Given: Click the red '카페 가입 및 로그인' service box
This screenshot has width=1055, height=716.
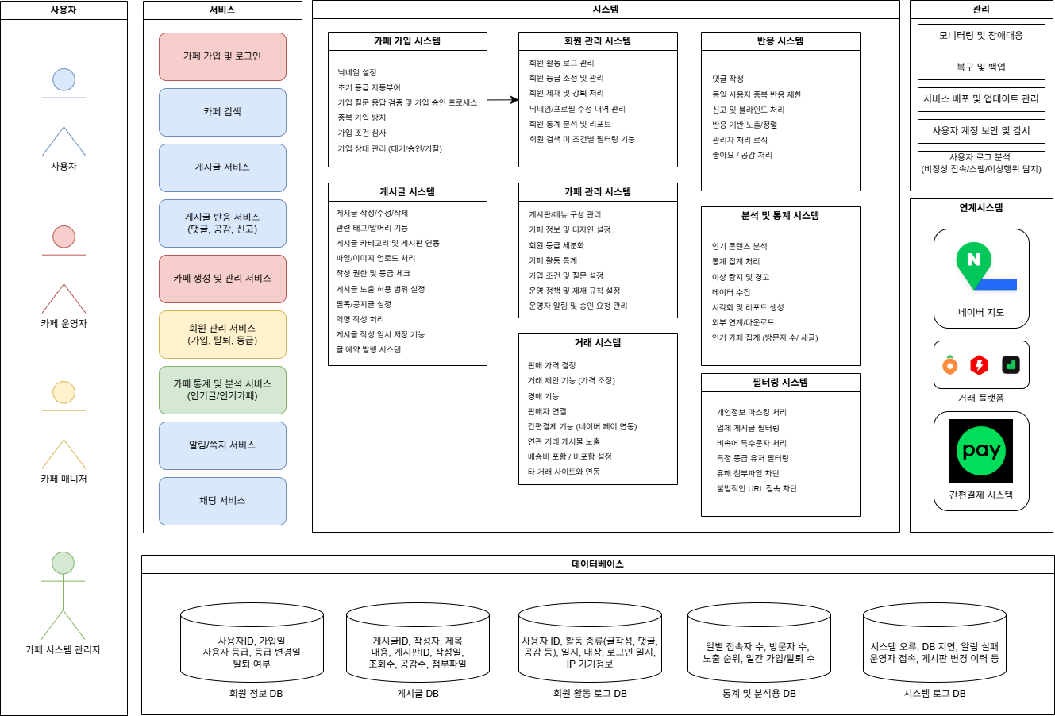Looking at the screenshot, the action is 222,56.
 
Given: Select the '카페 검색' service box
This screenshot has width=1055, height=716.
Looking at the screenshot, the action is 222,112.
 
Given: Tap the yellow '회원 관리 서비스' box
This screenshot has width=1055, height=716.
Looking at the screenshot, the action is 222,334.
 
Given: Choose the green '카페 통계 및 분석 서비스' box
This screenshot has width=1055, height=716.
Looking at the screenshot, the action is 222,390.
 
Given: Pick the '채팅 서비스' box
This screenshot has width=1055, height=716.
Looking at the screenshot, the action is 222,501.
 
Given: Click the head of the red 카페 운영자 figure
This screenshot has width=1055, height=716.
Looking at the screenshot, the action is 64,237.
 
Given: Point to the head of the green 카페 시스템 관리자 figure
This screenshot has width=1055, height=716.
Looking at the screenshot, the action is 64,563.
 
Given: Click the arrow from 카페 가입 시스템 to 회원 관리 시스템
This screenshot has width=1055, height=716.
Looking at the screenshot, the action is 502,100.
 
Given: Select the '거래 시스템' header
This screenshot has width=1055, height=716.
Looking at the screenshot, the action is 598,343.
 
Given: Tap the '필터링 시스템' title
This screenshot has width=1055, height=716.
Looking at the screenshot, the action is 780,383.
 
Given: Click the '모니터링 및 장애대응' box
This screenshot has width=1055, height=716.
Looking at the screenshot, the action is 981,36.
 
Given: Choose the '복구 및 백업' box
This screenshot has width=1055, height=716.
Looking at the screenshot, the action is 981,67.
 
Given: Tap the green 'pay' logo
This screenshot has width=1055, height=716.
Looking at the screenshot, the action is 981,451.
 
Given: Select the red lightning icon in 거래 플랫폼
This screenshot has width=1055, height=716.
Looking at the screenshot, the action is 980,365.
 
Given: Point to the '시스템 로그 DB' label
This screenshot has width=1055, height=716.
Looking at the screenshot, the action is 934,694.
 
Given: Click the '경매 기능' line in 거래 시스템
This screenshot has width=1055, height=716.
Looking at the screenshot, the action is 543,396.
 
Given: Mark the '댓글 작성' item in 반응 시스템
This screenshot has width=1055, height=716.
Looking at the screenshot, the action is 728,79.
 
